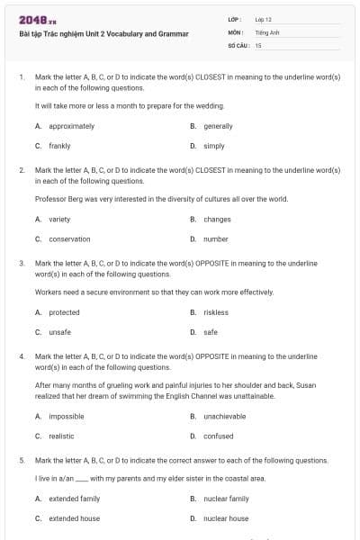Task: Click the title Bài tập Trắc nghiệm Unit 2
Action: tap(103, 34)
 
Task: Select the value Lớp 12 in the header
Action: tap(264, 19)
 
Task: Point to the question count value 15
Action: tap(258, 44)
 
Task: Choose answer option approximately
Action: tap(71, 126)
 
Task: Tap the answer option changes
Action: tap(217, 219)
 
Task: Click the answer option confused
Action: tap(218, 436)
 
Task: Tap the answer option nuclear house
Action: tap(226, 518)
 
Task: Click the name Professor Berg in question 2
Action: tap(55, 198)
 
